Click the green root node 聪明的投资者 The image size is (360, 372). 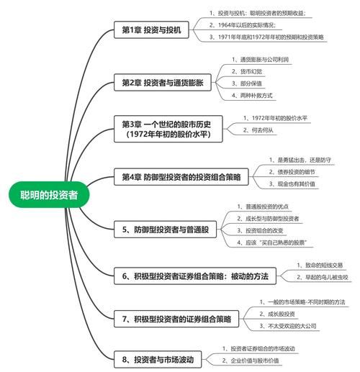pyautogui.click(x=49, y=194)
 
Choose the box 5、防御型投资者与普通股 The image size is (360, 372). pyautogui.click(x=165, y=230)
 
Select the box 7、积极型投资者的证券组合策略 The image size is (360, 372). pyautogui.click(x=176, y=318)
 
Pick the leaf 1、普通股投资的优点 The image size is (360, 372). pyautogui.click(x=264, y=207)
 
